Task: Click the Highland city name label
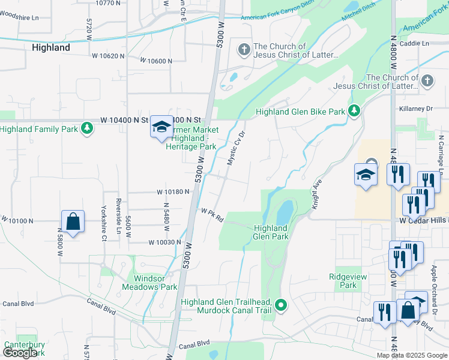(50, 47)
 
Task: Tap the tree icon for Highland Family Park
(88, 128)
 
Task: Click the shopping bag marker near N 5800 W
(73, 221)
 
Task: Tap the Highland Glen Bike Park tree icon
(354, 111)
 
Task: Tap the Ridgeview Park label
(343, 281)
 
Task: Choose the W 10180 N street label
(173, 192)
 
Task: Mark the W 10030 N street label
(164, 242)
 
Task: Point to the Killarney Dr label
(415, 109)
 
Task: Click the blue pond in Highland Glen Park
(284, 212)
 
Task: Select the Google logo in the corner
(20, 353)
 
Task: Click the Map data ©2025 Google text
(411, 355)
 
